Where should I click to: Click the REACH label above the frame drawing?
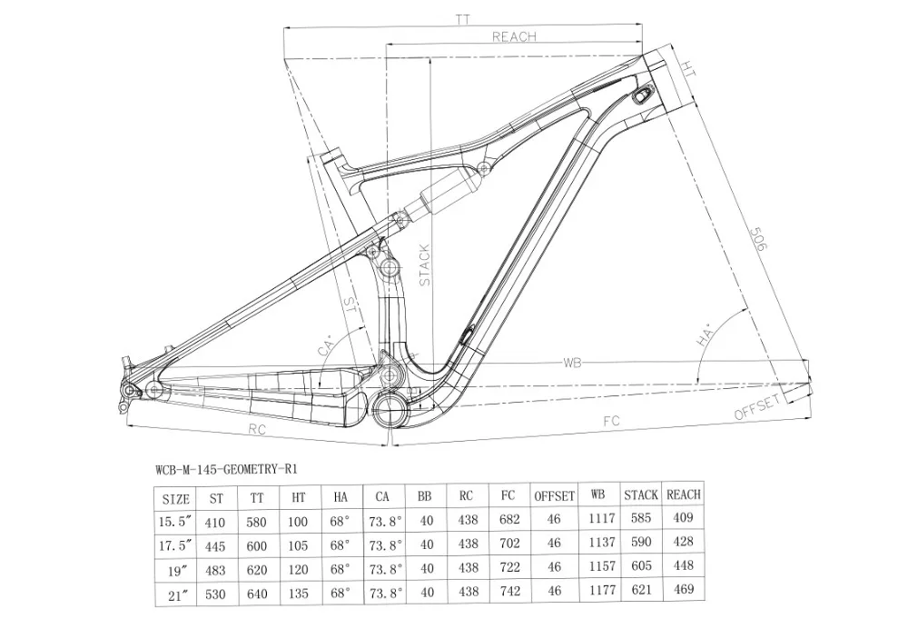(514, 36)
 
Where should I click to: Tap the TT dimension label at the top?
(463, 20)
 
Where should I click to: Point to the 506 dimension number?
(758, 238)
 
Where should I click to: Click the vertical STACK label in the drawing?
(424, 265)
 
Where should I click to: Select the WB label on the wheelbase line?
(572, 363)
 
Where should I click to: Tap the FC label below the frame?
(611, 421)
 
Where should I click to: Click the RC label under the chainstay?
(257, 429)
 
